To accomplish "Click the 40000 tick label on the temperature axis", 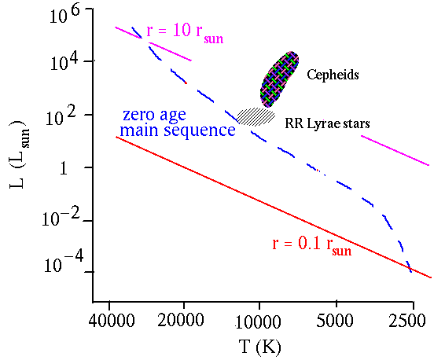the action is pos(111,321).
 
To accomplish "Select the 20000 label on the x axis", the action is pos(181,321).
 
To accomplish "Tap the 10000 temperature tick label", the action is pos(258,322).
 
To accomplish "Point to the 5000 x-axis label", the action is pos(335,321).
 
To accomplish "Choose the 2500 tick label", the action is pos(407,321).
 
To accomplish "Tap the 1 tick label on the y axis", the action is pos(64,168).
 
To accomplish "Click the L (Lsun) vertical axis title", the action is pos(20,155).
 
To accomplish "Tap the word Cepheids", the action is pos(333,75).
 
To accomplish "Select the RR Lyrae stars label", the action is pos(327,123).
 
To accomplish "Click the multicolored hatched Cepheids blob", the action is pos(279,79).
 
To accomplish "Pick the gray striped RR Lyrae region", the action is pos(256,116).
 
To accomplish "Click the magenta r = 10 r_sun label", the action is pos(185,33).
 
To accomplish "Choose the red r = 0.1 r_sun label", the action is pos(311,246).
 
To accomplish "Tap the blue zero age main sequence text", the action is pos(178,123).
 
